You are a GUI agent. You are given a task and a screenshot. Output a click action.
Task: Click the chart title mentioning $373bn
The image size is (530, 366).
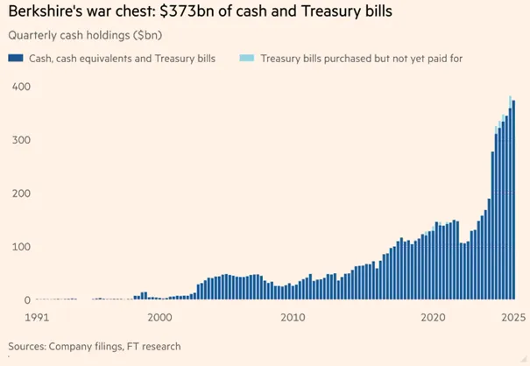click(200, 11)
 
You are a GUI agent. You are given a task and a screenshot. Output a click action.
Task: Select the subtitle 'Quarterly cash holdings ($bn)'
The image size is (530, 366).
click(85, 35)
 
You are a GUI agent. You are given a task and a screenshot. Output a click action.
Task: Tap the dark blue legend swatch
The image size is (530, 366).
click(16, 58)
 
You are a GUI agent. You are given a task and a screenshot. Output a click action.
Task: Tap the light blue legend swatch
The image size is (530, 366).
click(247, 58)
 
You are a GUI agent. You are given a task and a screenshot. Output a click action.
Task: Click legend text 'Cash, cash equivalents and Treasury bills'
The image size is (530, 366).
click(122, 59)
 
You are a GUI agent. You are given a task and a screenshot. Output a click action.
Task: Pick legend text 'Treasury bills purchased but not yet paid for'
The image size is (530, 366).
click(361, 59)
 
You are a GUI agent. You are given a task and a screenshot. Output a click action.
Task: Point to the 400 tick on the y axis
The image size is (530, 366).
click(21, 87)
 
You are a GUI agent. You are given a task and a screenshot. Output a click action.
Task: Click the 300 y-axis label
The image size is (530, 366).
click(21, 140)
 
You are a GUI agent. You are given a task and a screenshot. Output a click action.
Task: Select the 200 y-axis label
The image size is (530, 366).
click(21, 194)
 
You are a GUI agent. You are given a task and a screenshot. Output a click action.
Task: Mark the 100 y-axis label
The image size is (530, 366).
click(21, 247)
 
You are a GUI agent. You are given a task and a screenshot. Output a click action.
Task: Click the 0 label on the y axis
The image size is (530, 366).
click(27, 300)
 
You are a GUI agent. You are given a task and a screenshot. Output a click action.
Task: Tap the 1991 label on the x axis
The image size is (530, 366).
click(37, 318)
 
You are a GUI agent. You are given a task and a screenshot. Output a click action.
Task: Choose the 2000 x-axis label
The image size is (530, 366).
click(159, 318)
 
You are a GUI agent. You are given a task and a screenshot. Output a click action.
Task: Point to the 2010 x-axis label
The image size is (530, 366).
click(293, 318)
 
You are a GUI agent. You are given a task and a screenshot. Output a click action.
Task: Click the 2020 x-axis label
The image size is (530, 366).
click(433, 318)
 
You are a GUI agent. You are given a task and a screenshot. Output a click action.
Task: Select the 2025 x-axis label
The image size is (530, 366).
click(513, 318)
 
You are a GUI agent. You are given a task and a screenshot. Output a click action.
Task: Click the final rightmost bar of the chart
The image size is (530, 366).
click(513, 200)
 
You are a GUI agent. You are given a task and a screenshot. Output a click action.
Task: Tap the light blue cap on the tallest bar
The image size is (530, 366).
click(510, 102)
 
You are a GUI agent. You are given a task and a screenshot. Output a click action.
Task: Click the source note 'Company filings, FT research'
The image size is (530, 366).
click(115, 347)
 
